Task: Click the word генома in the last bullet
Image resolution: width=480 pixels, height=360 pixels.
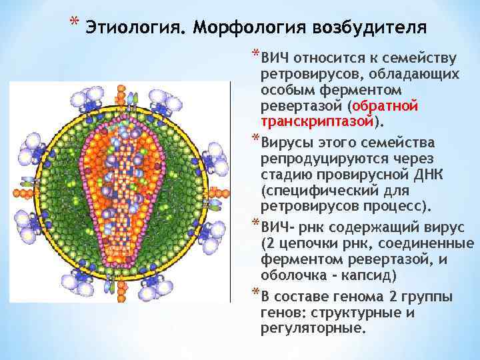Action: point(354,297)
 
